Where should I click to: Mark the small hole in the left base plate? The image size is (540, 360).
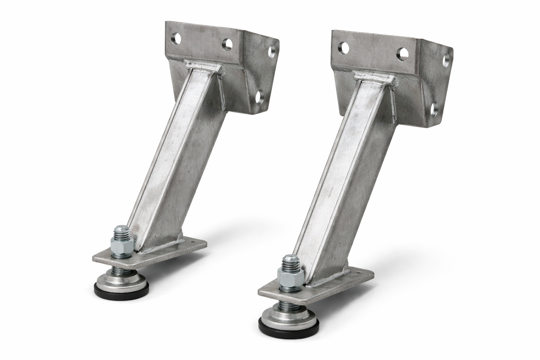coord(193,242)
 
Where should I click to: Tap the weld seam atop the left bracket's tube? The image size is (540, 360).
coord(204,67)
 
